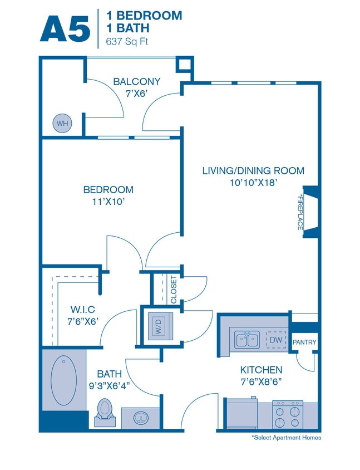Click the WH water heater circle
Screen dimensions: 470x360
click(61, 123)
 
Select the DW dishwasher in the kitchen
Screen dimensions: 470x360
click(275, 339)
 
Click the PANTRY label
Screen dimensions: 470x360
click(305, 342)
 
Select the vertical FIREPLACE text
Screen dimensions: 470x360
click(299, 213)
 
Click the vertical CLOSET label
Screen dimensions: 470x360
click(174, 290)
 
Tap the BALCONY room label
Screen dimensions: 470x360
click(137, 82)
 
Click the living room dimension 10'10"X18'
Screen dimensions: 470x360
click(253, 182)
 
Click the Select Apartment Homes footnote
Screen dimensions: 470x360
click(286, 438)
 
